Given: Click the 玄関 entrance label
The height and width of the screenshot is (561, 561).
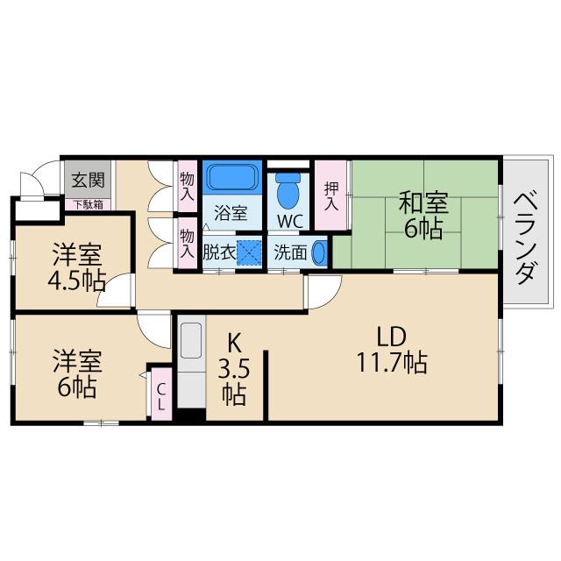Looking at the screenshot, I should pos(88,181).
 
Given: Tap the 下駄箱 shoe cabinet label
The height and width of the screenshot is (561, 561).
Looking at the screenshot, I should pos(88,204).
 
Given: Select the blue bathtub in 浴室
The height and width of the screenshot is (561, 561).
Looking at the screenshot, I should pos(232,178).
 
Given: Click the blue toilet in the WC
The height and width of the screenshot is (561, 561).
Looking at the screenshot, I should pos(288,188).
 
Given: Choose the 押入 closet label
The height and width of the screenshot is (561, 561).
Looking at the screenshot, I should pos(331,195).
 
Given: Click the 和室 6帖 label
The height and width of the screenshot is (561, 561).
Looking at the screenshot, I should pos(423,216).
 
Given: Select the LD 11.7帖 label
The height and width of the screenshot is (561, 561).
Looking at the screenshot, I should pos(391,349).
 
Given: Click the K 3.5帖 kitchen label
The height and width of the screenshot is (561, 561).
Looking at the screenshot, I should pos(234,366).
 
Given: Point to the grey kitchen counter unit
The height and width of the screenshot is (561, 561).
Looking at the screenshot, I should pos(190,366).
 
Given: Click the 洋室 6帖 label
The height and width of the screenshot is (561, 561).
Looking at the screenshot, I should pos(76,373).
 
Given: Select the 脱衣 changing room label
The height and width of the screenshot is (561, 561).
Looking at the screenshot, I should pos(217,252).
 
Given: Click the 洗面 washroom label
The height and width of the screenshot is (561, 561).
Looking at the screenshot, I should pos(290,252).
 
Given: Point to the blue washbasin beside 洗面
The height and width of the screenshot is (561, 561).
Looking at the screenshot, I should pos(320,252).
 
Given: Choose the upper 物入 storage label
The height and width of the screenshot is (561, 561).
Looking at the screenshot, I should pos(187,186).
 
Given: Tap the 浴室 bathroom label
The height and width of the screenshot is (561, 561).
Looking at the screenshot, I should pos(232,211).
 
